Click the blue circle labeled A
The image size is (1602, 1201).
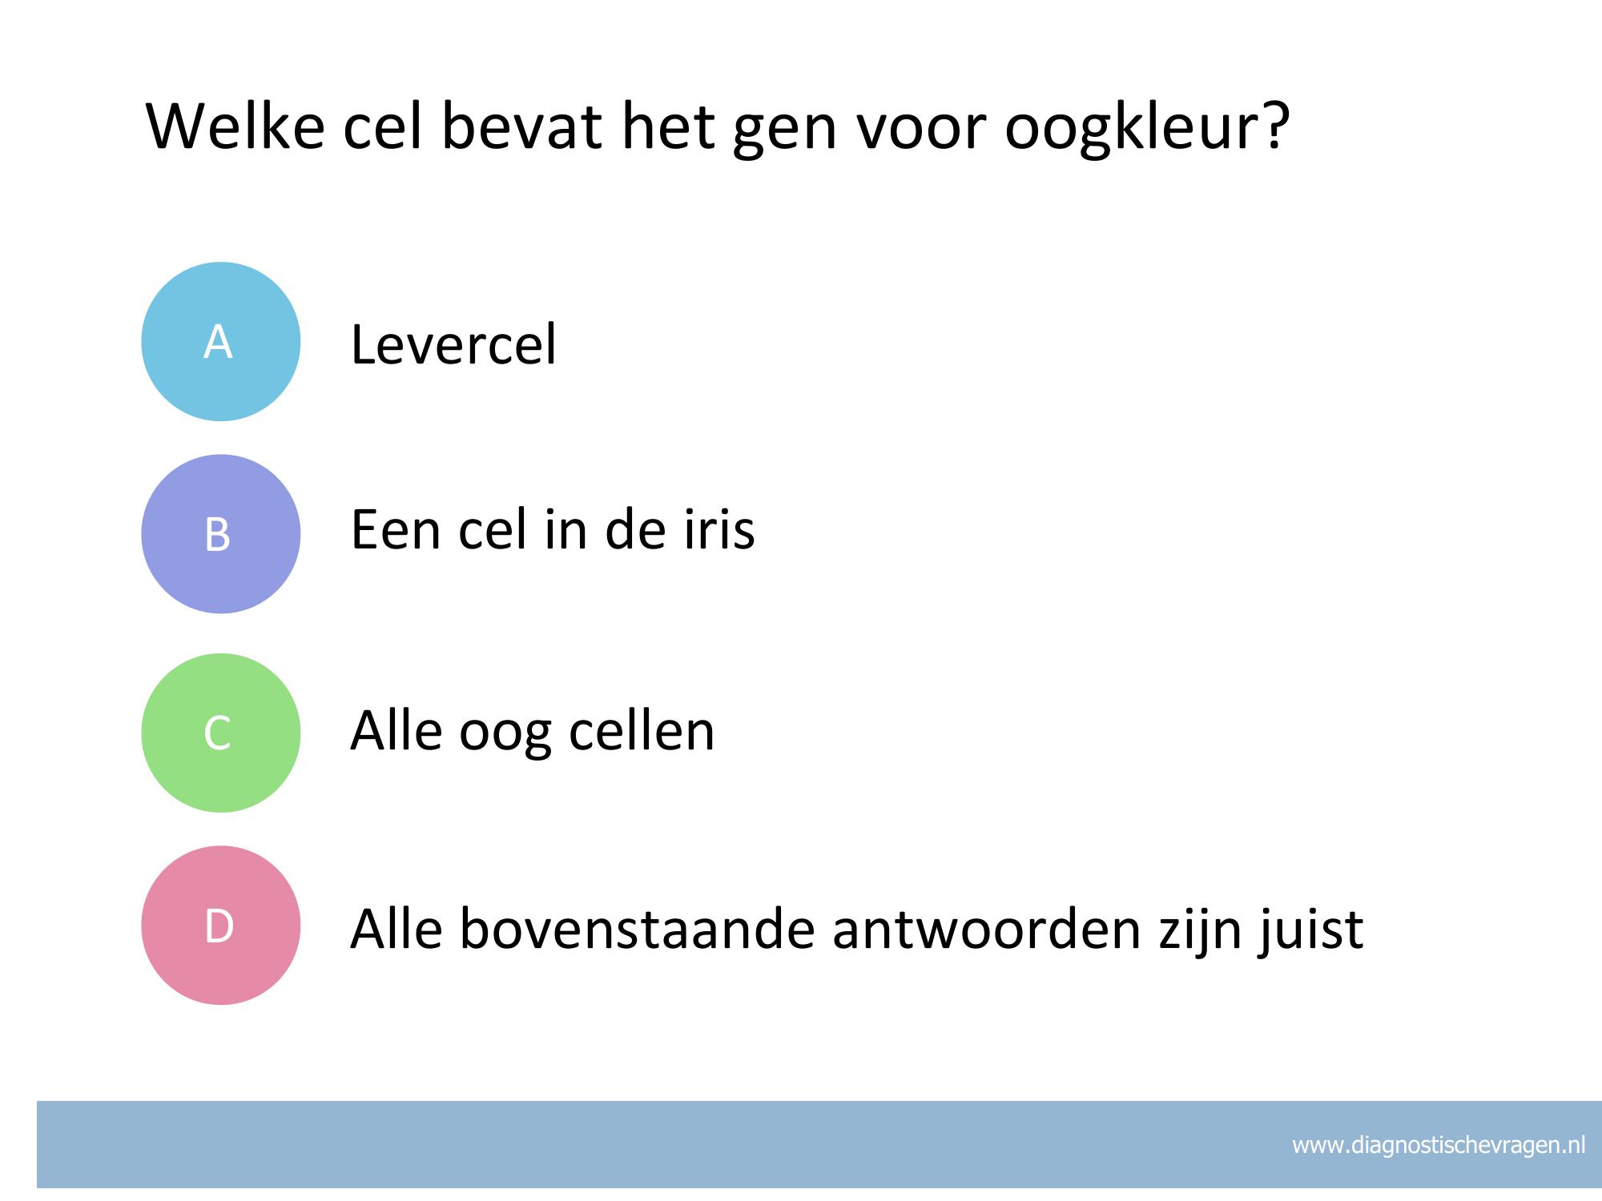(220, 341)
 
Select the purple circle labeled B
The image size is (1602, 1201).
(220, 534)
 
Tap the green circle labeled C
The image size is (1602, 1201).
(220, 733)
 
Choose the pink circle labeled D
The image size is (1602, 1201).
(220, 925)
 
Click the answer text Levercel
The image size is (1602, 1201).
(453, 344)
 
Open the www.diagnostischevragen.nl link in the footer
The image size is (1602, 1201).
(1439, 1146)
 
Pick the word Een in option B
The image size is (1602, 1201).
(396, 530)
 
